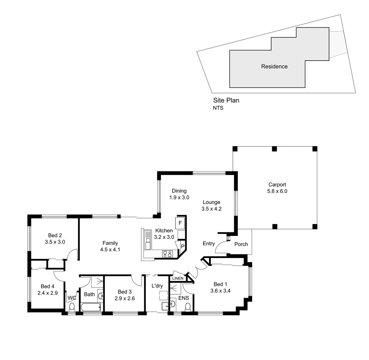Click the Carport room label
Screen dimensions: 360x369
click(277, 185)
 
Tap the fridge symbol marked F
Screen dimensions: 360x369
click(180, 223)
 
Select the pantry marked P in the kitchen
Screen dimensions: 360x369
click(183, 246)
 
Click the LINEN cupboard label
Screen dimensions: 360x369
click(178, 278)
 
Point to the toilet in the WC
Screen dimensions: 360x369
click(72, 307)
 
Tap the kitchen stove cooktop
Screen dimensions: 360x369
click(168, 254)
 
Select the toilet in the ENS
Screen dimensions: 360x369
click(187, 307)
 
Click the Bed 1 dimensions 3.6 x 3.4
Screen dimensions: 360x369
click(220, 291)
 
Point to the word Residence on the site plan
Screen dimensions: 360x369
click(274, 66)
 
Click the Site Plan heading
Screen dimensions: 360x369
click(226, 100)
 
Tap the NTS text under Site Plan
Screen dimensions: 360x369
click(218, 108)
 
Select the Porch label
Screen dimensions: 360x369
click(241, 244)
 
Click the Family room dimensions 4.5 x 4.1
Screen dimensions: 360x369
click(110, 249)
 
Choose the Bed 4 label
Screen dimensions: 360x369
click(48, 286)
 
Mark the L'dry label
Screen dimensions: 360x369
click(157, 286)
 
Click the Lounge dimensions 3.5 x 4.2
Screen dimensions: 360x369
click(211, 209)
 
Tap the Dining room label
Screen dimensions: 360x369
click(179, 191)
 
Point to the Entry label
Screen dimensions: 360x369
click(209, 244)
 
